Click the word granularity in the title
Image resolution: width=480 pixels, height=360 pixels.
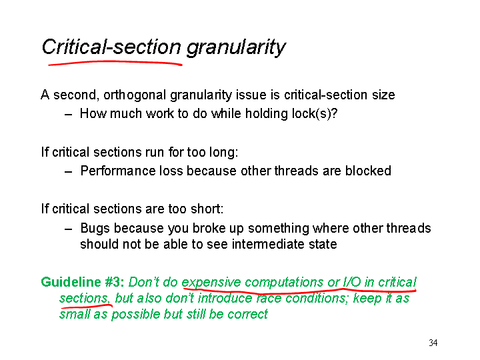coord(236,48)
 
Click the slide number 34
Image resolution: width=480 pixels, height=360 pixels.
coord(433,343)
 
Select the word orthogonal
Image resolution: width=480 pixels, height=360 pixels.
coord(135,95)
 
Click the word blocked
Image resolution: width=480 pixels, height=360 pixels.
coord(368,171)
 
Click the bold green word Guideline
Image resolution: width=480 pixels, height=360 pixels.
coord(71,282)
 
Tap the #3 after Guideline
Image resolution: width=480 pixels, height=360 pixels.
coord(115,282)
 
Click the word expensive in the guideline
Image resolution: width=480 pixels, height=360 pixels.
coord(211,282)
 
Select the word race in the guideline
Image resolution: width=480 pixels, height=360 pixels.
coord(269,298)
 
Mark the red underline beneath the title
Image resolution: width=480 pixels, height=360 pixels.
coord(115,63)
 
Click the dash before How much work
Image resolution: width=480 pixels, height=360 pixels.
coord(68,115)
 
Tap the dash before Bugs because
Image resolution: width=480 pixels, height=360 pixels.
coord(68,229)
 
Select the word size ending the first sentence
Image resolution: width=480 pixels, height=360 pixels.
coord(383,95)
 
